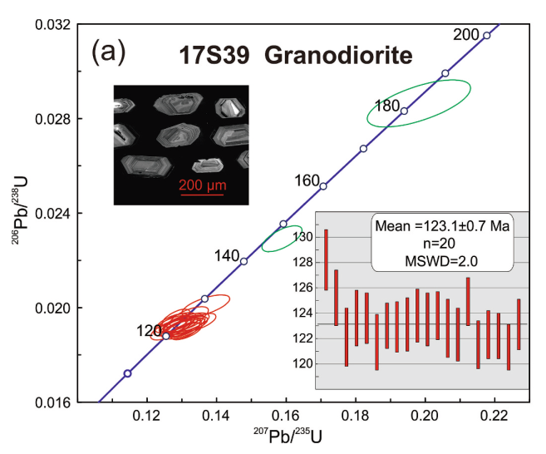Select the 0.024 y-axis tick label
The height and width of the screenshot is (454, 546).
(x=51, y=214)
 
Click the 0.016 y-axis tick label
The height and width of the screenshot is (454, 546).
(x=51, y=402)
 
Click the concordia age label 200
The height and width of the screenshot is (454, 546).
(x=466, y=34)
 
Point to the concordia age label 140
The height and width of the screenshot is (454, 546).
(x=228, y=254)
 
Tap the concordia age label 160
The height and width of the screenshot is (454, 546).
(x=307, y=180)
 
